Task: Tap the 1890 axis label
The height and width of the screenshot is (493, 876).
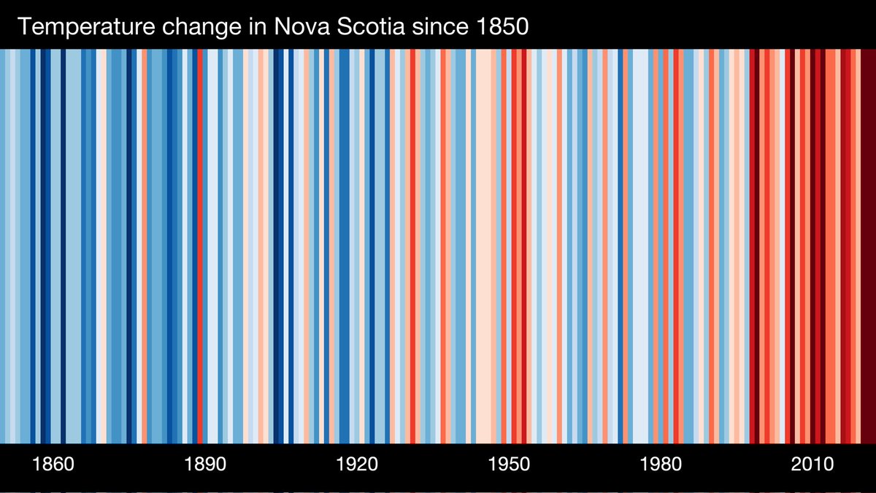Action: point(206,465)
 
